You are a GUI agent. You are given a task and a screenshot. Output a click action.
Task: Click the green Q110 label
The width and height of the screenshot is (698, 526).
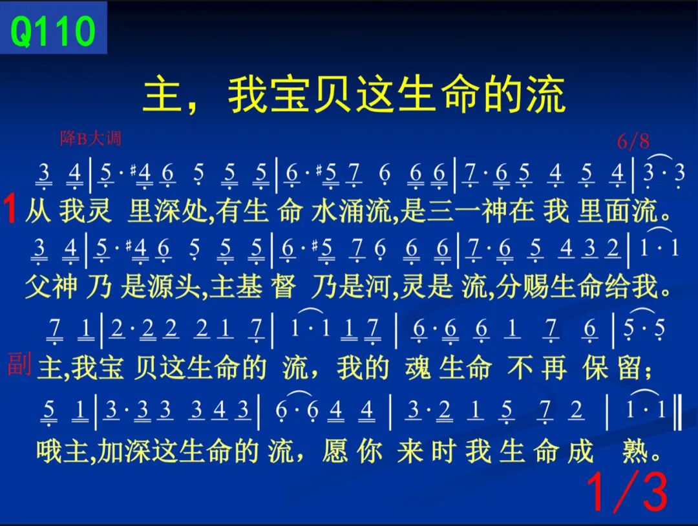pos(52,31)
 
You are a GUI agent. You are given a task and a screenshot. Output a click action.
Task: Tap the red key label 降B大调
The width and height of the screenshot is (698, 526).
pos(91,138)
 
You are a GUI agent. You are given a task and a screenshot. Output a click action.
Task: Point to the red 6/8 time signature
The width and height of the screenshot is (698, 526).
pos(633,142)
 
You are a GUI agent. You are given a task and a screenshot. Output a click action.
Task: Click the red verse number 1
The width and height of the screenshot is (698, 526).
pos(10,209)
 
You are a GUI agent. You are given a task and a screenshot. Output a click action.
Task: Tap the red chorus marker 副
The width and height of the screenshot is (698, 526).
pos(19,364)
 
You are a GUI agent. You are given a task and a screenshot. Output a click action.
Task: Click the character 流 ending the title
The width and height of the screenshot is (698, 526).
pos(546,94)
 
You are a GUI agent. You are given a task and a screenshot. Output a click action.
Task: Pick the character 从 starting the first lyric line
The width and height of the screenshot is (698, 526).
pos(38,210)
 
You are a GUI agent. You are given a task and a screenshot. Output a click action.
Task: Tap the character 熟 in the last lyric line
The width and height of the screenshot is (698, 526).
pos(635,451)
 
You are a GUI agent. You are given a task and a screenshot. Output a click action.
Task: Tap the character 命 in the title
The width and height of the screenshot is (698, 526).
pos(460,94)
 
